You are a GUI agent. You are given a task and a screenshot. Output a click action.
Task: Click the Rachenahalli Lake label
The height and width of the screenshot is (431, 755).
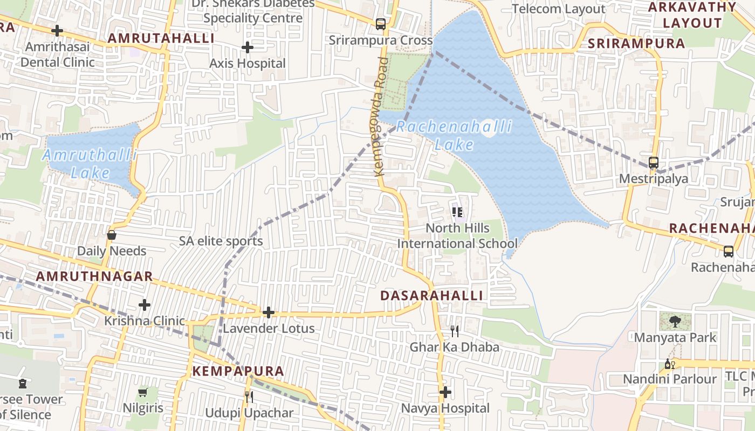click(454, 136)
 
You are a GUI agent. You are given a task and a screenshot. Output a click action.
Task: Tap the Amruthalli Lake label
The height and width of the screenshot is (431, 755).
click(90, 164)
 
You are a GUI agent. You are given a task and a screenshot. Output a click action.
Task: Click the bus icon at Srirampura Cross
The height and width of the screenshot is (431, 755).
click(381, 24)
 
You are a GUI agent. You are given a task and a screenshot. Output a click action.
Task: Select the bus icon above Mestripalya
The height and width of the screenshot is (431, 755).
click(654, 162)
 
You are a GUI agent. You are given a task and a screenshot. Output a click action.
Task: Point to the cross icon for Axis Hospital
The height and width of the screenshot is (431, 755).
click(248, 47)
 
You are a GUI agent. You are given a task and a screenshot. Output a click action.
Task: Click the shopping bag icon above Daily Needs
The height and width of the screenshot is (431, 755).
click(112, 235)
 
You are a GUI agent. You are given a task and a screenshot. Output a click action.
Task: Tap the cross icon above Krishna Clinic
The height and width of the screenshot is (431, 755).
click(145, 305)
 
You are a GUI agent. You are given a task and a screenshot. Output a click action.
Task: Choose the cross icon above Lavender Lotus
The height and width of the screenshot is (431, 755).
click(268, 312)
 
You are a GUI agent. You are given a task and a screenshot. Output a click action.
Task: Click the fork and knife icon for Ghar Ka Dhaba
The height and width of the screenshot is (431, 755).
click(455, 331)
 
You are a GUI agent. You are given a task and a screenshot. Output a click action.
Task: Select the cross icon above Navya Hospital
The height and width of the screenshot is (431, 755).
click(445, 392)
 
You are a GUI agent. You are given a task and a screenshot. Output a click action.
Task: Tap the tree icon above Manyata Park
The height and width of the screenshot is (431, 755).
click(675, 322)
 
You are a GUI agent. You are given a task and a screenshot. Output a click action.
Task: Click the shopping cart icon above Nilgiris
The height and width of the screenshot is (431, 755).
click(143, 392)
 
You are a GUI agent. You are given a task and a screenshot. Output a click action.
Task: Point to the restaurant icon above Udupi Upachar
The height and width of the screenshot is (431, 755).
click(249, 397)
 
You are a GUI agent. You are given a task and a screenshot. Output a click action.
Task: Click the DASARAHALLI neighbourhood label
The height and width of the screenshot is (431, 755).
click(431, 296)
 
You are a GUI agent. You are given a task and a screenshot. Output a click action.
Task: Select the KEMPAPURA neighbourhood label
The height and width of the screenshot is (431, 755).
click(238, 371)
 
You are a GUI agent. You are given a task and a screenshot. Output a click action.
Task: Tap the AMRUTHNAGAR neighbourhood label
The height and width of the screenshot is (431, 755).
click(94, 277)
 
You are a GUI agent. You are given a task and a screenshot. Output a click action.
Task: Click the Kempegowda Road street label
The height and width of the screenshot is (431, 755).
click(381, 116)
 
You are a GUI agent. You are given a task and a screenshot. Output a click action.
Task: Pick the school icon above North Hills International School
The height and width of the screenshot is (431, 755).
click(458, 212)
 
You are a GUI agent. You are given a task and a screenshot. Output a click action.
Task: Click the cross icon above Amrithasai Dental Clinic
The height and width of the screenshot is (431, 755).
click(57, 31)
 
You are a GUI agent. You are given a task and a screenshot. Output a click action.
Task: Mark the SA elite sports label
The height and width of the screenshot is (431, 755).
click(221, 241)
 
